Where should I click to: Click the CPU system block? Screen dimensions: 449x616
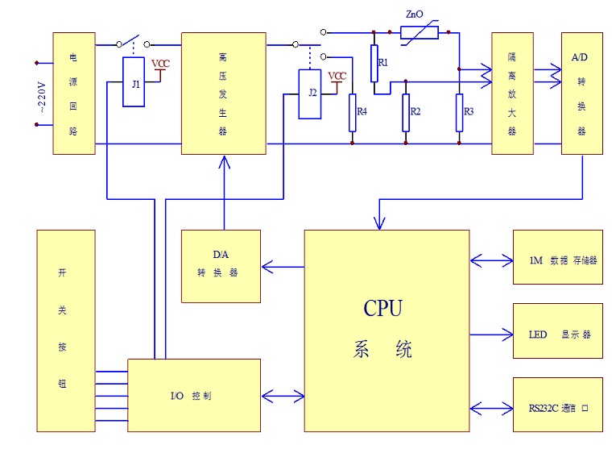tap(387, 331)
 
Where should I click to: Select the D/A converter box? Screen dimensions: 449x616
tap(221, 266)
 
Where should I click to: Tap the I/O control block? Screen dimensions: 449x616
tap(194, 396)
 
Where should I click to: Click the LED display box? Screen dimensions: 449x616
tap(557, 334)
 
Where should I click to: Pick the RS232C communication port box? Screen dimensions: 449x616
tap(557, 407)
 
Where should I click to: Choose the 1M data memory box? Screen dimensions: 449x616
tap(557, 260)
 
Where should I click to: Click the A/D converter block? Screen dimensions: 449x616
tap(581, 93)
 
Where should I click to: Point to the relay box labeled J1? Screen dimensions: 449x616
tap(134, 82)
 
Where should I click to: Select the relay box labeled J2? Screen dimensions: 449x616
tap(310, 94)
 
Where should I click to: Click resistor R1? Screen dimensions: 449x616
tap(374, 64)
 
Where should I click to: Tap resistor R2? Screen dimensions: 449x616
tap(406, 113)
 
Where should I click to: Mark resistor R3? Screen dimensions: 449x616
tap(459, 112)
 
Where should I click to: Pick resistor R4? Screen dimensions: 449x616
tap(352, 113)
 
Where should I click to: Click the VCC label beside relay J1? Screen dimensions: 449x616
tap(161, 64)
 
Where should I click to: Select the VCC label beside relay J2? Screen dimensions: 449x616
tap(337, 76)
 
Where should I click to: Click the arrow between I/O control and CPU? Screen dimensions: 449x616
tap(282, 396)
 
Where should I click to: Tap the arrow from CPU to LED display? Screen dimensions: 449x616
tap(491, 334)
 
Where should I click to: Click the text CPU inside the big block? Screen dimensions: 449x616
tap(383, 308)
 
